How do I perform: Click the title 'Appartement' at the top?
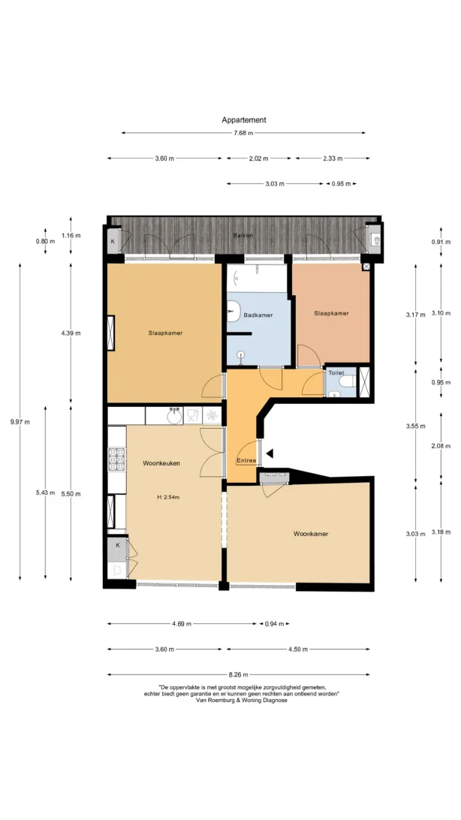pos(243,119)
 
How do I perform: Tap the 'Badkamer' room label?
pos(258,315)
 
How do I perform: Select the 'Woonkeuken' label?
pos(161,463)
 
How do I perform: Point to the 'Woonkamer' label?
pos(311,534)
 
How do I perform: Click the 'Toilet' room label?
pos(336,373)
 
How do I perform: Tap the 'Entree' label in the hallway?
pos(246,461)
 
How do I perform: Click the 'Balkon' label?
pos(243,235)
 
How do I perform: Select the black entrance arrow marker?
pos(270,454)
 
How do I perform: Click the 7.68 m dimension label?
pos(243,133)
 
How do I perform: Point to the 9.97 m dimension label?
pos(20,422)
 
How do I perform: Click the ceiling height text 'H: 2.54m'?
pos(168,497)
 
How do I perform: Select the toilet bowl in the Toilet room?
pos(347,382)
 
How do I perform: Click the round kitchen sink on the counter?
pos(174,416)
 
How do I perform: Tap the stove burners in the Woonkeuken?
pos(116,459)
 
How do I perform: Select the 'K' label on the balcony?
pos(113,242)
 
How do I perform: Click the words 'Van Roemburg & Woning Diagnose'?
pos(242,701)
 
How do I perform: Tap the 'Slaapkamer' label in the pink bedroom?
pos(331,314)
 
